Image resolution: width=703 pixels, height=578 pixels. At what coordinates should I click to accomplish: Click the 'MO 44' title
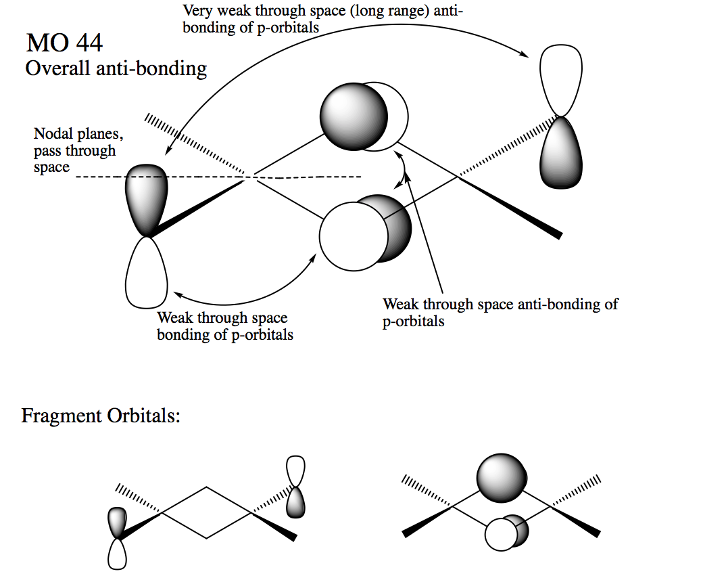tap(65, 43)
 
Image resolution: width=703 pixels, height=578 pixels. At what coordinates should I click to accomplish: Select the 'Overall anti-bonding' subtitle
tap(116, 68)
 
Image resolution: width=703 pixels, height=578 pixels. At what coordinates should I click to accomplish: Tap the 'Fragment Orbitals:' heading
tap(101, 416)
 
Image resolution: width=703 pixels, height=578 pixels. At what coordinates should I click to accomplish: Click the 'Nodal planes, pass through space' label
tap(78, 150)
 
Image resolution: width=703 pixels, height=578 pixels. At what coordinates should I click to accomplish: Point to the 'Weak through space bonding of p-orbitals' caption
tap(225, 326)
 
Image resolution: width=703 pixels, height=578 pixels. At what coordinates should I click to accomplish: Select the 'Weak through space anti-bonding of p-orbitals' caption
tap(500, 312)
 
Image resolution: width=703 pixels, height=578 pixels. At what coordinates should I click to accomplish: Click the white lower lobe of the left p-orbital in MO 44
tap(146, 273)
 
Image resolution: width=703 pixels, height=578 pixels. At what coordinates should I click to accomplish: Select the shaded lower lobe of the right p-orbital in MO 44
tap(561, 152)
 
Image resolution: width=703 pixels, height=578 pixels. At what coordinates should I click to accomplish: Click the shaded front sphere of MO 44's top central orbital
tap(354, 116)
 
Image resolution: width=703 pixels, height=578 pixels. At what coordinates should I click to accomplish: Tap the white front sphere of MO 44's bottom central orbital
tap(354, 236)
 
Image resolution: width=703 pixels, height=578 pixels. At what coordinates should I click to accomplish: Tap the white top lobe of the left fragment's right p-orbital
tap(296, 471)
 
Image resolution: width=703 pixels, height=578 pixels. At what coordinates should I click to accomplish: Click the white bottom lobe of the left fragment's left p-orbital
tap(117, 554)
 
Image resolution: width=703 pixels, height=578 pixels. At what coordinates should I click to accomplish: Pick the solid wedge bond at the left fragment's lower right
tap(274, 526)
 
